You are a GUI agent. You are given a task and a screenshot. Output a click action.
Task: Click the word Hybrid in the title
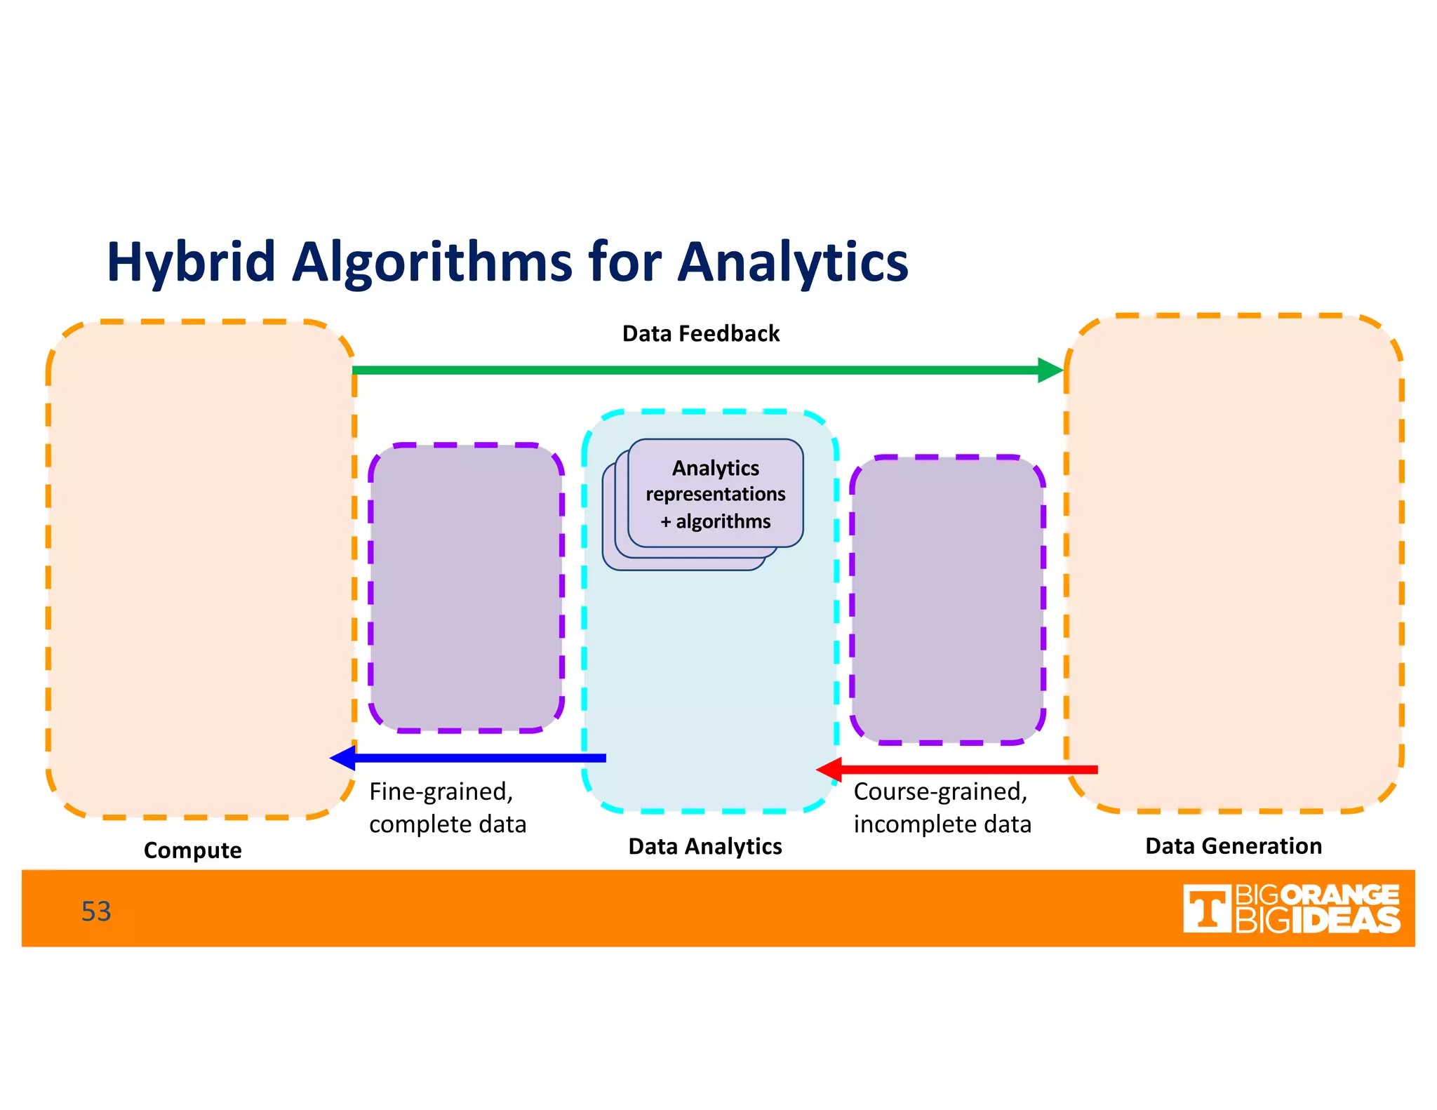pos(190,263)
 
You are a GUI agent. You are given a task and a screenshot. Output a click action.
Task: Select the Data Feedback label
pos(700,333)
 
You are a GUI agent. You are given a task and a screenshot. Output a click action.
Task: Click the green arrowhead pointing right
pos(1050,370)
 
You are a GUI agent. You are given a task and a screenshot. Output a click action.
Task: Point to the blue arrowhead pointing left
pos(342,758)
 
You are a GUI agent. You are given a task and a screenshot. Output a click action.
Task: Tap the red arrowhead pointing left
pos(829,770)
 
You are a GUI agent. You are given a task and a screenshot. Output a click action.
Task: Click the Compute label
pos(192,850)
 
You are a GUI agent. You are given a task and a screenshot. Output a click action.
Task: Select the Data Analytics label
pos(704,846)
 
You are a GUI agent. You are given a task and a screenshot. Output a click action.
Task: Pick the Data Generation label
pos(1233,845)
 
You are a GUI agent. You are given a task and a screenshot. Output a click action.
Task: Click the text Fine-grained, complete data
pos(447,808)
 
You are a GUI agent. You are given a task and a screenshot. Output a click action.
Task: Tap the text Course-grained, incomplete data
pos(942,808)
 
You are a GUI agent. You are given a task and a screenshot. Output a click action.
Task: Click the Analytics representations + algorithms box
pos(715,494)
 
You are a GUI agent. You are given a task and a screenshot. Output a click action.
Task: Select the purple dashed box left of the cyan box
pos(466,588)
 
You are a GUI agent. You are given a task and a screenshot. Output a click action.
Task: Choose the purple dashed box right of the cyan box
pos(947,600)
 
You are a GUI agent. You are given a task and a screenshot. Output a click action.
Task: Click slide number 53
pos(96,911)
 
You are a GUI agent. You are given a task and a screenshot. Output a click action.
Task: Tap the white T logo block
pos(1206,909)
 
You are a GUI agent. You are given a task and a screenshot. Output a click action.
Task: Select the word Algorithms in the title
pos(432,263)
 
